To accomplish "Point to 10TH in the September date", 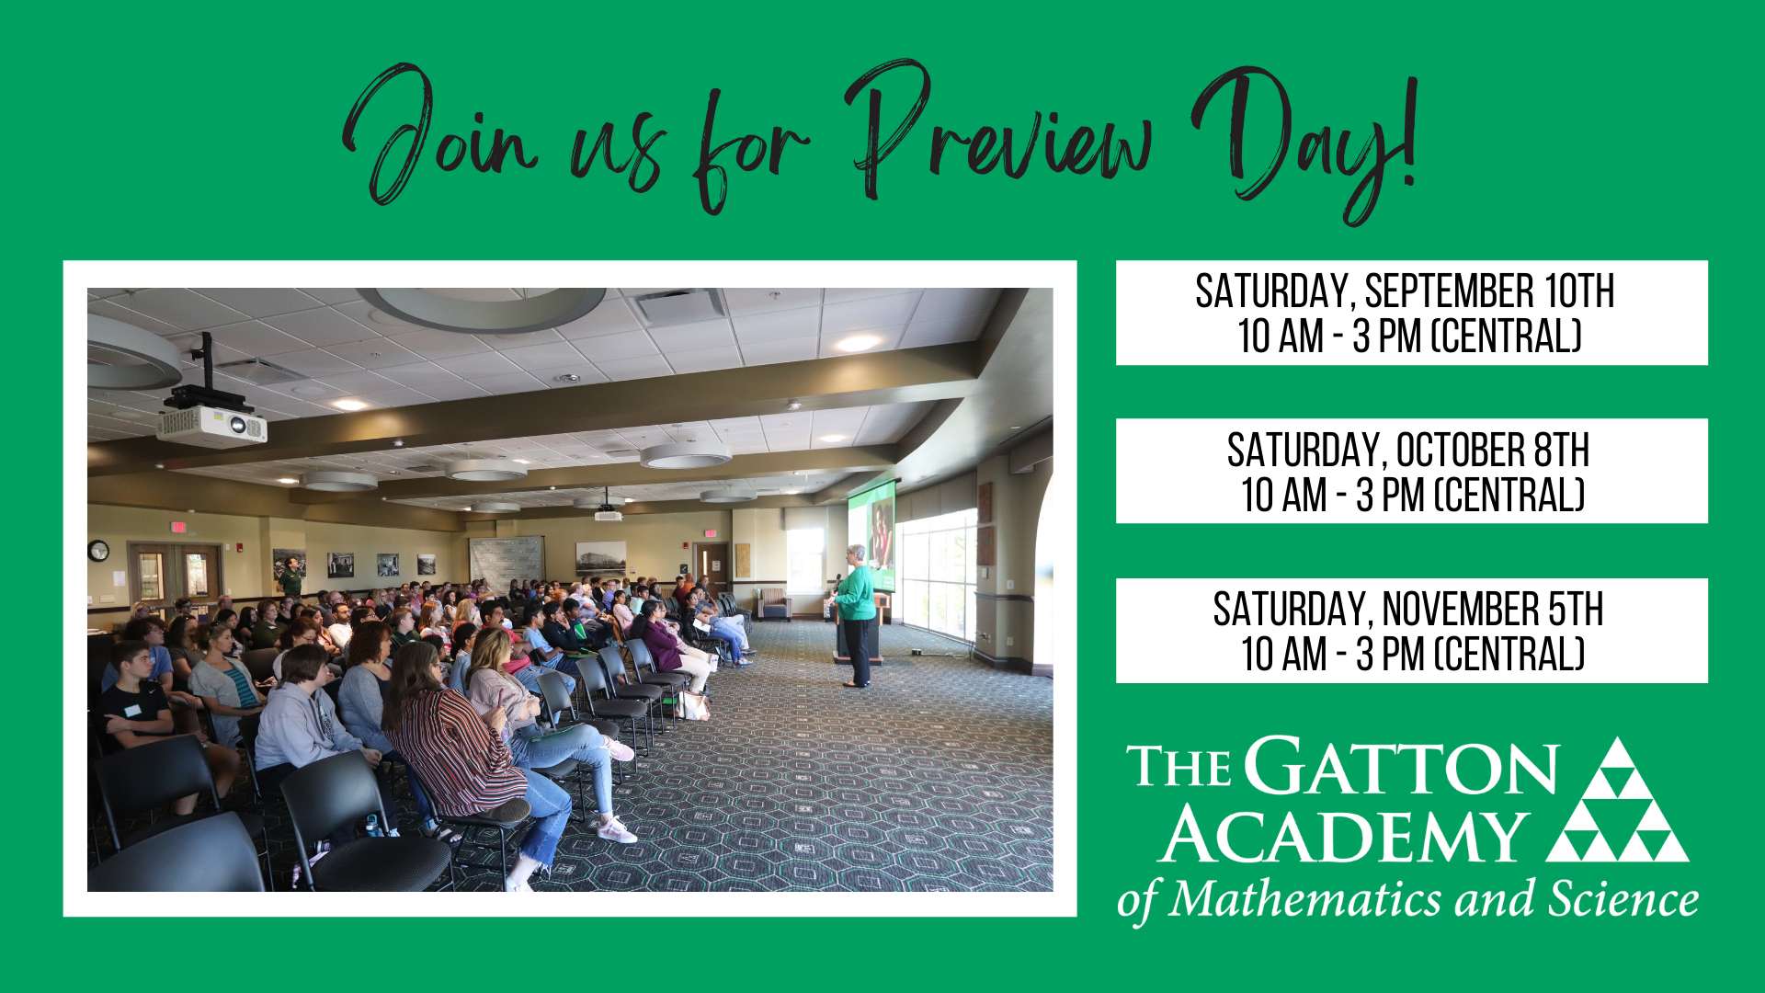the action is point(1579,291).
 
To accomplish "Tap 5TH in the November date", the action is point(1576,610).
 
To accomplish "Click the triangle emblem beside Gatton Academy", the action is point(1618,799).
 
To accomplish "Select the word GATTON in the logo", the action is point(1402,767).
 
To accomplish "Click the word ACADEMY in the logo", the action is point(1343,835).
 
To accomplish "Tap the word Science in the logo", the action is point(1623,898).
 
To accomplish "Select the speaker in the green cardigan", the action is point(856,616).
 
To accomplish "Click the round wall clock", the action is point(98,551).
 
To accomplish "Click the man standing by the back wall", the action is point(290,577).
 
